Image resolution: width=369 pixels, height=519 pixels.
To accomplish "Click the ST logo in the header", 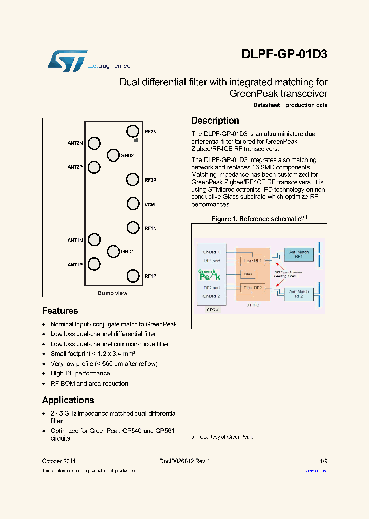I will pyautogui.click(x=68, y=61).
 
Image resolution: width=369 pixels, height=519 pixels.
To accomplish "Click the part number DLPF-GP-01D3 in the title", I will pyautogui.click(x=284, y=54).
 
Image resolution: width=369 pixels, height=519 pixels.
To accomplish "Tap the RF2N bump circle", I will pyautogui.click(x=133, y=131).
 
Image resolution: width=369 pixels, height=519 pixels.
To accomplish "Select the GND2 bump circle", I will pyautogui.click(x=113, y=155).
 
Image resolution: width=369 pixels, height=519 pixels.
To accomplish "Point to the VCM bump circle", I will pyautogui.click(x=133, y=204).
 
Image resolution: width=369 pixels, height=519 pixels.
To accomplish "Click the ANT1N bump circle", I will pyautogui.click(x=94, y=239).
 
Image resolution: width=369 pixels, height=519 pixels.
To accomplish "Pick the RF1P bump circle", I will pyautogui.click(x=133, y=276).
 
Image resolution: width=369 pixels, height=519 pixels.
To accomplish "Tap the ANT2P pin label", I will pyautogui.click(x=75, y=167).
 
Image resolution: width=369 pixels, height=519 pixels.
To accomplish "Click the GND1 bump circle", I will pyautogui.click(x=113, y=252).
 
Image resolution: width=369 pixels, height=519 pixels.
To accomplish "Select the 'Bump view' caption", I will pyautogui.click(x=112, y=293).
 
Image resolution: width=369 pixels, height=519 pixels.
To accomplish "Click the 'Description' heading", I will pyautogui.click(x=215, y=121).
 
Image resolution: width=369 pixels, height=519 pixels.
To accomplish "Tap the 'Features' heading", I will pyautogui.click(x=60, y=311).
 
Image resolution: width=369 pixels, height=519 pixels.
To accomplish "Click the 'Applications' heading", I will pyautogui.click(x=68, y=400).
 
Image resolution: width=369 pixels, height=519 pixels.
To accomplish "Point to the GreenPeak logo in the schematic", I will pyautogui.click(x=209, y=274).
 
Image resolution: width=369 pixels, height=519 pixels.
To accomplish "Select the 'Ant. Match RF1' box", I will pyautogui.click(x=299, y=254).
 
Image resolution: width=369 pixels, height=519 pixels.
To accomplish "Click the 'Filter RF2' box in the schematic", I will pyautogui.click(x=253, y=288).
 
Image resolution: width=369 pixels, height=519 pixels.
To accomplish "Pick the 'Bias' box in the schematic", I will pyautogui.click(x=248, y=274).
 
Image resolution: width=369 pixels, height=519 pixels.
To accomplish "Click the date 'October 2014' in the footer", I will pyautogui.click(x=58, y=461).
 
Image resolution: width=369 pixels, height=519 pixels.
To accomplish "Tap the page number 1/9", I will pyautogui.click(x=323, y=461).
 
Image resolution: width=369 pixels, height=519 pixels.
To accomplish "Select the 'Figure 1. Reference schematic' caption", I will pyautogui.click(x=259, y=219).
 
